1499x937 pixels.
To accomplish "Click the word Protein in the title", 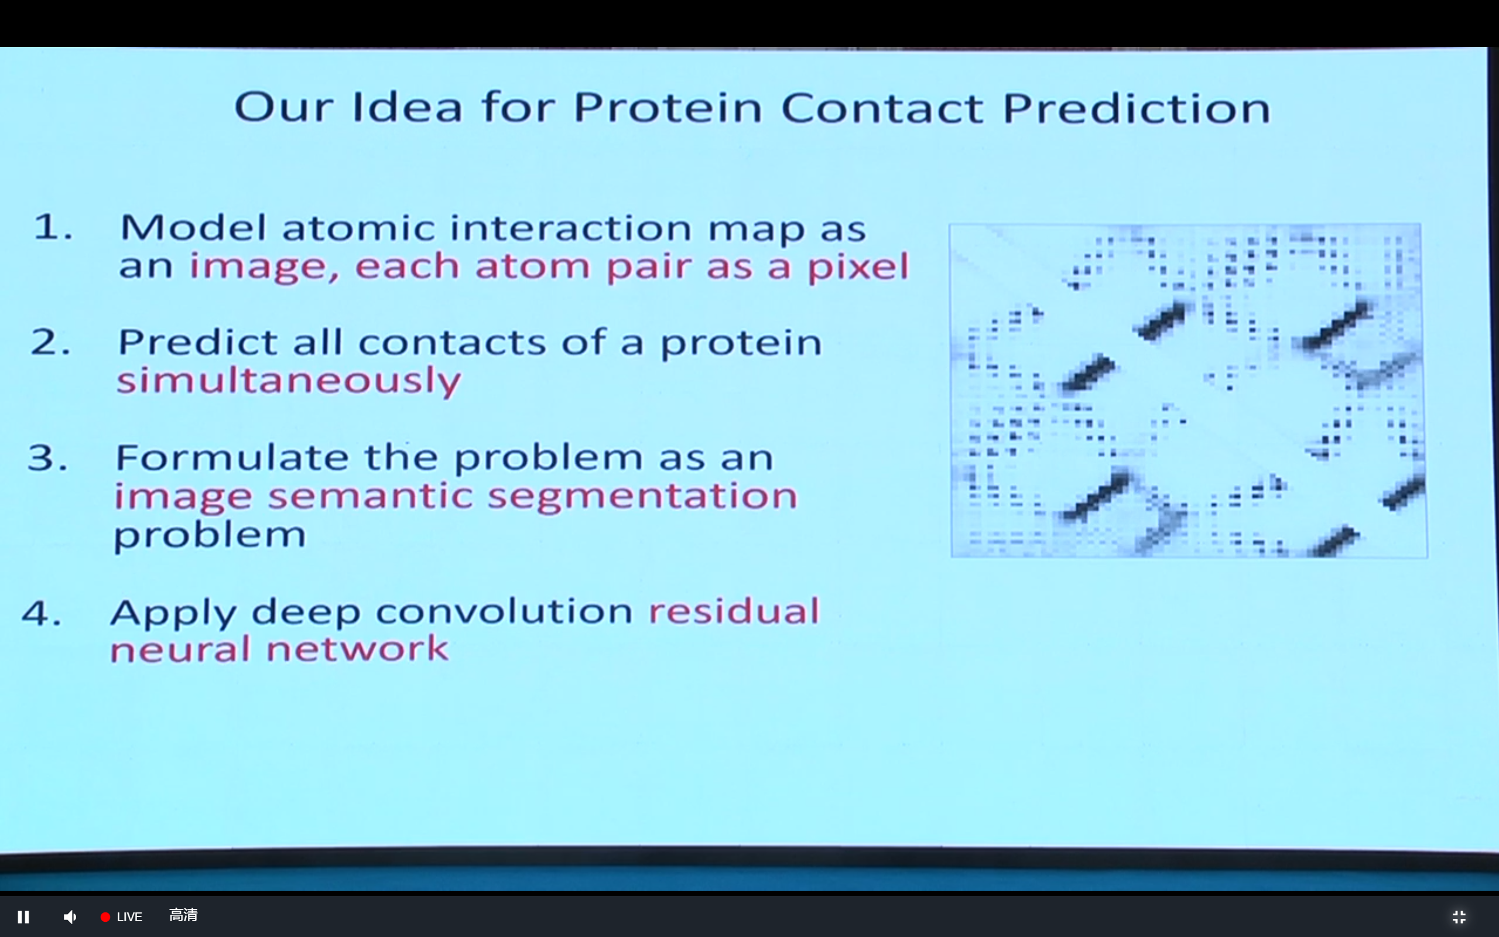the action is tap(668, 108).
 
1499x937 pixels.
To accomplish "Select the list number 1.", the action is tap(53, 227).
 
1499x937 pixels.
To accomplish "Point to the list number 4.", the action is tap(42, 613).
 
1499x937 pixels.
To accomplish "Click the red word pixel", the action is tap(858, 266).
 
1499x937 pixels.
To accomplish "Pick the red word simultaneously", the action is tap(289, 380).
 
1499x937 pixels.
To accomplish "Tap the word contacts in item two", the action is tap(452, 342).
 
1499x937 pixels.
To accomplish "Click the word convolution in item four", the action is tap(504, 611).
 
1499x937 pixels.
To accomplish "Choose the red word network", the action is tap(357, 649).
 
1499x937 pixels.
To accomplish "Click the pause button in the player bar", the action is tap(23, 917).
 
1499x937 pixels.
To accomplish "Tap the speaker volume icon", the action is tap(70, 917).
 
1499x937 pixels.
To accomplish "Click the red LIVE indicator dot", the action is tap(105, 917).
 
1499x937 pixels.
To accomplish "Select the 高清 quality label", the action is tap(183, 915).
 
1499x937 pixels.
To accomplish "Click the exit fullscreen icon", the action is tap(1459, 917).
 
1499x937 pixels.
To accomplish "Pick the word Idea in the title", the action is tap(407, 107).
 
